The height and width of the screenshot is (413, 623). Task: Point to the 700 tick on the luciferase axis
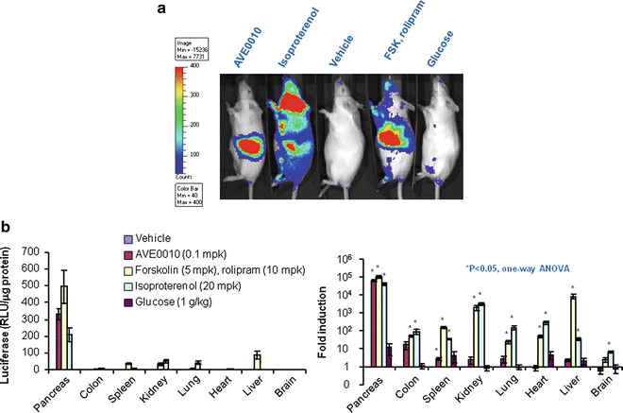click(x=31, y=253)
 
